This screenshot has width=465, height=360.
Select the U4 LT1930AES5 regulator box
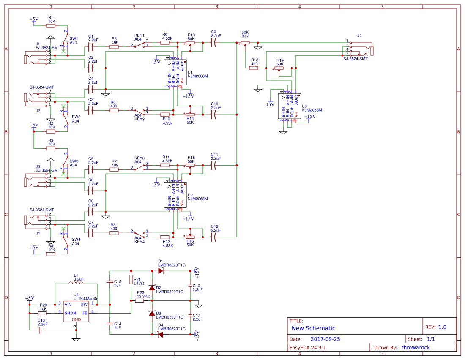coord(76,311)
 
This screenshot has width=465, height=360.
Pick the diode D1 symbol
coord(160,270)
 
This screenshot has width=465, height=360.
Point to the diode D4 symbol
coord(160,334)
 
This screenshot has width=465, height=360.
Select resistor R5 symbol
coord(114,47)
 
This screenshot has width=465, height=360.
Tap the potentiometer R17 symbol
coord(245,43)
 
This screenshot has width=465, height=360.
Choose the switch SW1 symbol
coord(66,42)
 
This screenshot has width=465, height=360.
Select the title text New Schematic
coord(313,328)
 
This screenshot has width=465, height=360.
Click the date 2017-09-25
coord(325,339)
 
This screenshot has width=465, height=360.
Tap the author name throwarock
coord(415,348)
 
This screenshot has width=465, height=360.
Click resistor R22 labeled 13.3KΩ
coord(139,300)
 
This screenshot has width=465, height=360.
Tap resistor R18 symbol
coord(254,68)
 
